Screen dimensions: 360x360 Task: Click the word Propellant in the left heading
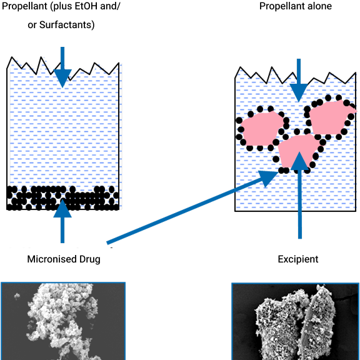[x=25, y=6]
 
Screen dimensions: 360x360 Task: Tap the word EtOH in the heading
[x=84, y=6]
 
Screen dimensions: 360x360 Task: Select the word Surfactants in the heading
[x=67, y=25]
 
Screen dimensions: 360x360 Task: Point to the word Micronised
[x=52, y=259]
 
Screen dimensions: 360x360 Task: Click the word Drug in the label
[x=90, y=259]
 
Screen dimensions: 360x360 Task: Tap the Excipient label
[x=298, y=259]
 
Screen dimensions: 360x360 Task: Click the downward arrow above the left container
[x=62, y=67]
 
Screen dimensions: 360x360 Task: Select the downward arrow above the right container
[x=299, y=81]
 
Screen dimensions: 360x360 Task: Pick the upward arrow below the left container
[x=62, y=221]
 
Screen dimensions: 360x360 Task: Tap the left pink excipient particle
[x=262, y=129]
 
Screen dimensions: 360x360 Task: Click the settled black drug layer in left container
[x=62, y=198]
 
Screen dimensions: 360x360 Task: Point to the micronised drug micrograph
[x=63, y=321]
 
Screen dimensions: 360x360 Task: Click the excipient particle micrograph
[x=295, y=321]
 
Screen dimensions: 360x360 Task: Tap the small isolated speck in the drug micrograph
[x=17, y=296]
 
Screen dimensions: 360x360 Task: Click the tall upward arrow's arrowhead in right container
[x=299, y=161]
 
